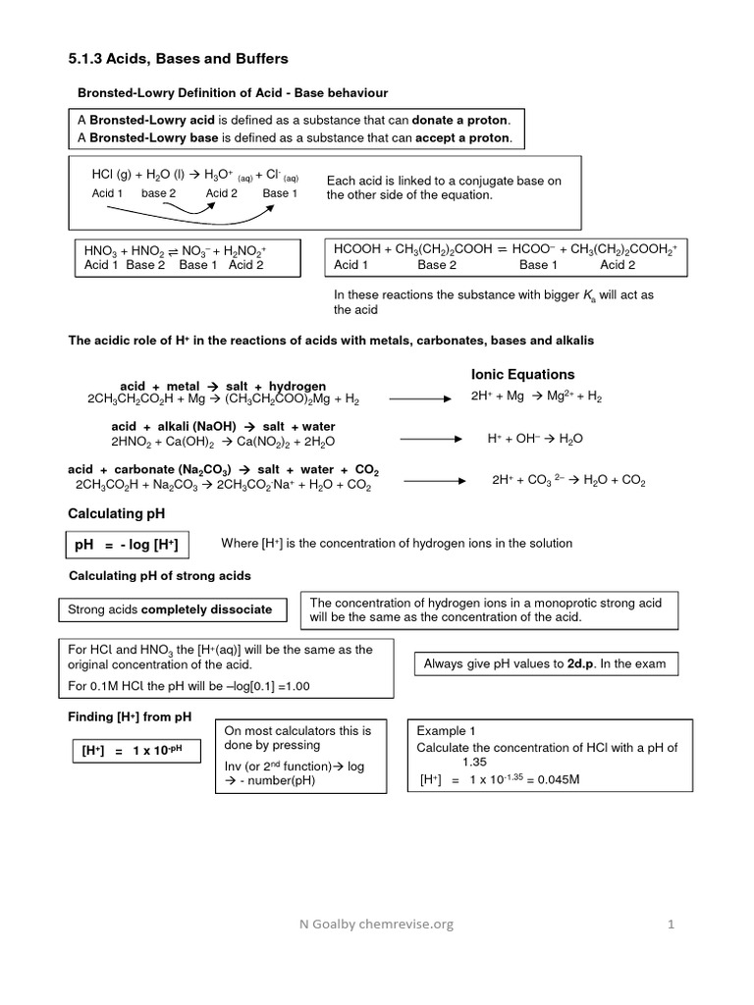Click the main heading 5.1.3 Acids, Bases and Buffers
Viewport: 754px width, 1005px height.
[178, 59]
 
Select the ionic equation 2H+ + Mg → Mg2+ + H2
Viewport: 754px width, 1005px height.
[537, 397]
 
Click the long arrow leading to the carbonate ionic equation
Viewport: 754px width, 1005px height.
[436, 481]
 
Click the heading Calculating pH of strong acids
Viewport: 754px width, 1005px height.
[159, 575]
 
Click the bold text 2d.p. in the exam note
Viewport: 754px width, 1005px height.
[582, 663]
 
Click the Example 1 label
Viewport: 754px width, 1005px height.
[446, 731]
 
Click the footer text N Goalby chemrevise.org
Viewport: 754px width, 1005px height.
[377, 924]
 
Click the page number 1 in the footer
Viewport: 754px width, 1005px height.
[672, 924]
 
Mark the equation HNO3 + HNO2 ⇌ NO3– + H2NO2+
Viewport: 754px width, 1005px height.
[176, 250]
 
